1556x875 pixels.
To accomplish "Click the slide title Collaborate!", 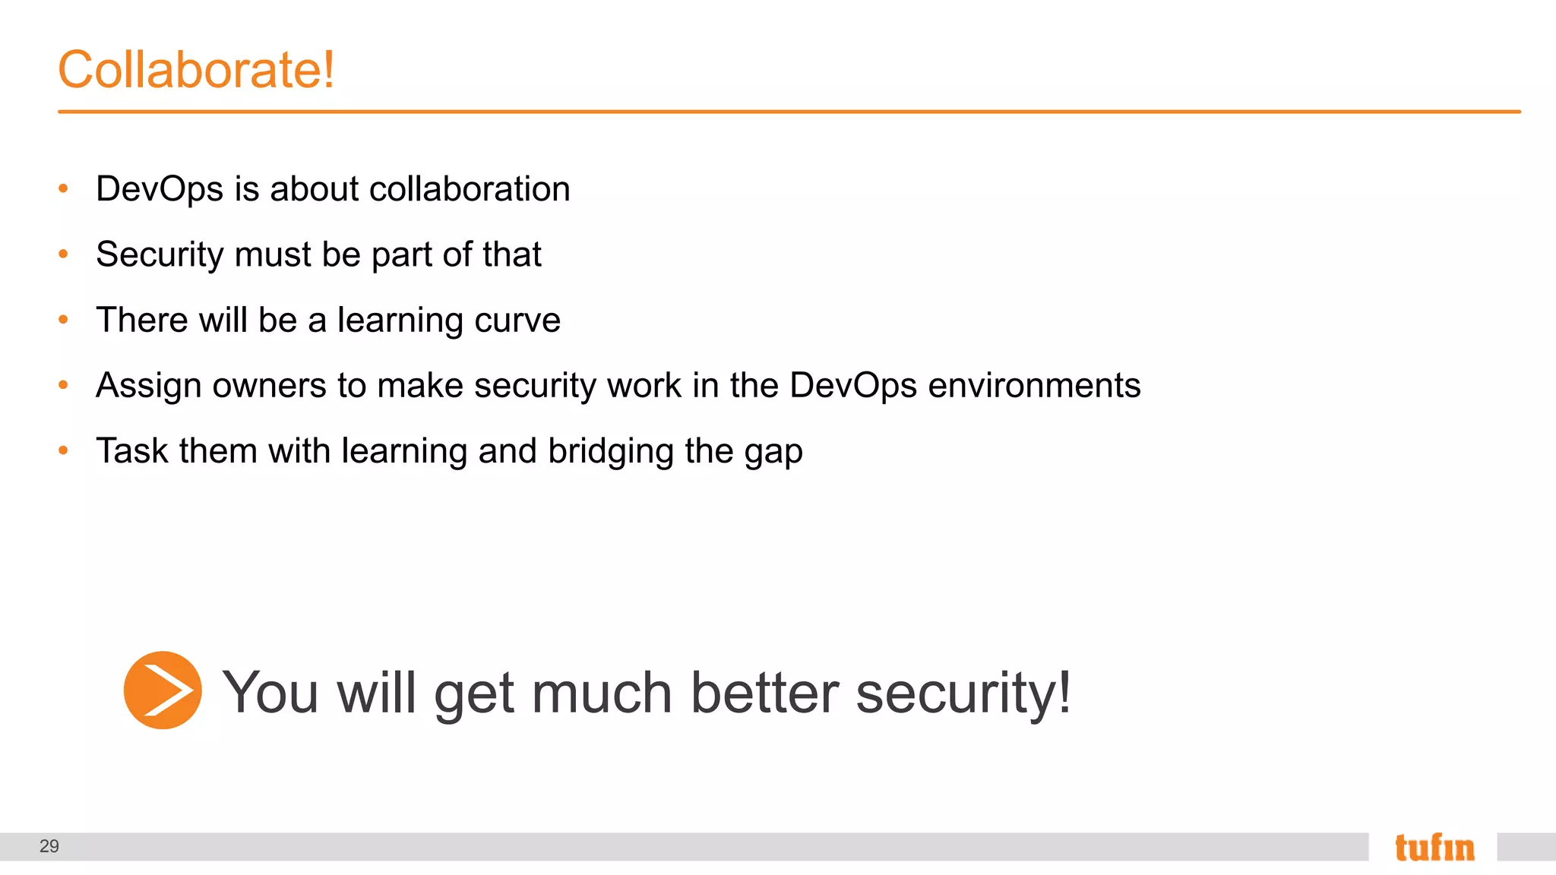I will click(196, 69).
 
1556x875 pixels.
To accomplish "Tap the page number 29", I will click(49, 846).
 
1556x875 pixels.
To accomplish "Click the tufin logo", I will click(1434, 848).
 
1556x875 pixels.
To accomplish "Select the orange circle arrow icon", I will click(163, 690).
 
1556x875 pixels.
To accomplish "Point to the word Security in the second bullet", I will click(160, 254).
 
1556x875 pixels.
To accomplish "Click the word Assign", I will click(149, 386).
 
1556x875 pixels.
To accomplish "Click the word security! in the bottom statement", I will click(963, 693).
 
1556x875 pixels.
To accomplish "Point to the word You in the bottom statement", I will click(270, 693).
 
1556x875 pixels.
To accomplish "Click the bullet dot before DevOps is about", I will click(64, 188).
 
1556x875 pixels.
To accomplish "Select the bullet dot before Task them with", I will click(64, 451).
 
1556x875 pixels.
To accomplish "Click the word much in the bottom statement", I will click(602, 693).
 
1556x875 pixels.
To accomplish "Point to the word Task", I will click(131, 451).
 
